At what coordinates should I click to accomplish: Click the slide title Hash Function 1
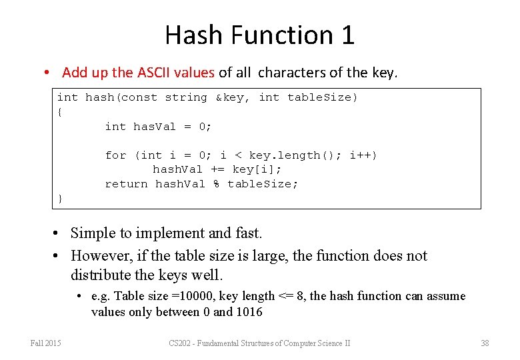259,35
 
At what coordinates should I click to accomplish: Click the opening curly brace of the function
60,112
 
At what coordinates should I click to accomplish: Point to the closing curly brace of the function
60,199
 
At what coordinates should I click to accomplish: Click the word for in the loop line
115,155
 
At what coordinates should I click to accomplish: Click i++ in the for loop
363,155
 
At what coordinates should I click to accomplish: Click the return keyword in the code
126,184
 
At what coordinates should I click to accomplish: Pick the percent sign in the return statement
216,184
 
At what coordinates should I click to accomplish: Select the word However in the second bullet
99,256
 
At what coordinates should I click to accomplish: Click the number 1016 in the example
248,312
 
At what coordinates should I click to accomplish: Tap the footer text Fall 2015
45,343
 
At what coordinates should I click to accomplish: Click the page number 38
485,343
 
